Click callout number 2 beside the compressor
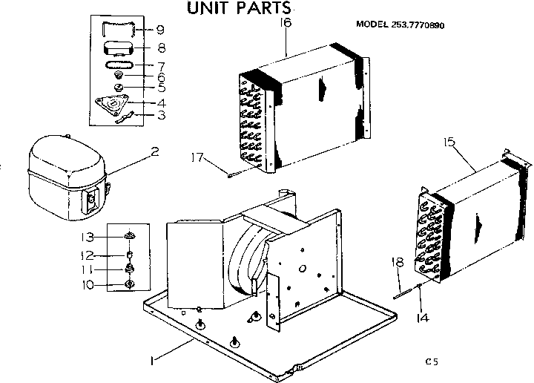tap(154, 152)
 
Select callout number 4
tap(160, 102)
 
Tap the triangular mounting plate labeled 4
tap(115, 105)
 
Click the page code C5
tap(432, 361)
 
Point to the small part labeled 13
tap(130, 237)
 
